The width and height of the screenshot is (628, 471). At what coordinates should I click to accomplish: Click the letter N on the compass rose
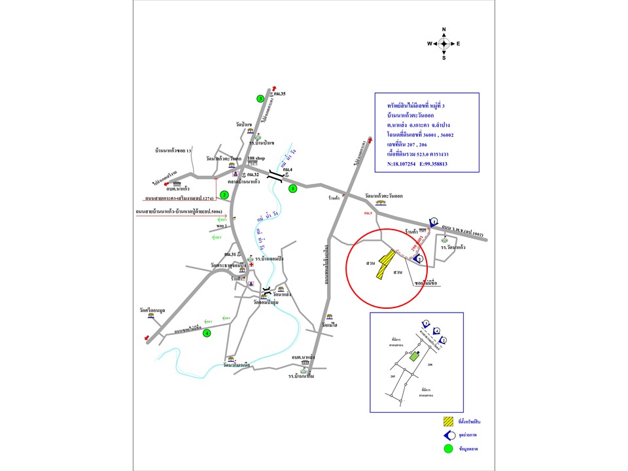point(444,30)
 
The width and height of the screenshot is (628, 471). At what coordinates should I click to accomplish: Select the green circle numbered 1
point(293,188)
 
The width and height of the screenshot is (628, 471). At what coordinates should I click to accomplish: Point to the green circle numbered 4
point(207,333)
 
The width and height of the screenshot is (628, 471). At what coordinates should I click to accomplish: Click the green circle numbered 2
point(224,194)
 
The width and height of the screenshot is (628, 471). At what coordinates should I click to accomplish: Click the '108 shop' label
point(254,159)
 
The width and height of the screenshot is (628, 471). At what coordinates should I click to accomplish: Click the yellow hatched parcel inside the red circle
point(386,264)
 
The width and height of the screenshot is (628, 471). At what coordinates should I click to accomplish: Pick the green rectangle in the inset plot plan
point(413,357)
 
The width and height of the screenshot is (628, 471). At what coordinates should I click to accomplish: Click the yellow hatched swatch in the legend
point(448,422)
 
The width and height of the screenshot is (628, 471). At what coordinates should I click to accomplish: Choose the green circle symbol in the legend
point(448,449)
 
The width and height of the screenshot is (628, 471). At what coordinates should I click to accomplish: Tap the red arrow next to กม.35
point(275,89)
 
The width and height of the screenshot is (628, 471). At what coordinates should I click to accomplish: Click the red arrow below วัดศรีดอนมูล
point(146,338)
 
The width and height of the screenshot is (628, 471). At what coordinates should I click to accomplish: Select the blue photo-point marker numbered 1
point(433,222)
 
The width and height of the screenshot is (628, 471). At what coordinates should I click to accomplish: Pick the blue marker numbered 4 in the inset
point(437,332)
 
